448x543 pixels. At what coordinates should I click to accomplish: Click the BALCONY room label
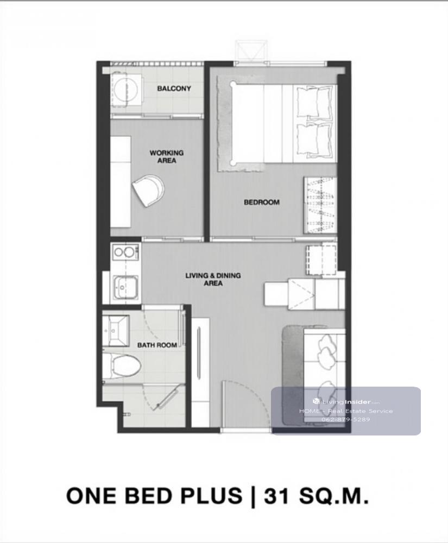tap(174, 89)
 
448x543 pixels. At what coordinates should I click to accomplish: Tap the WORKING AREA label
tap(167, 156)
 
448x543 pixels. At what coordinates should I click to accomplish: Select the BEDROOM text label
tap(261, 202)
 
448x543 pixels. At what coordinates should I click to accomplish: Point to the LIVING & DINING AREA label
tap(213, 279)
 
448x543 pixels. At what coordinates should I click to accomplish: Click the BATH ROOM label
tap(157, 345)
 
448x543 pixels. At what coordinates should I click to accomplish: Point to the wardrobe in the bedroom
tap(320, 205)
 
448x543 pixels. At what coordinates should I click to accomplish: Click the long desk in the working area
tap(121, 182)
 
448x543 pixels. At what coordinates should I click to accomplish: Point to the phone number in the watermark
tap(345, 419)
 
